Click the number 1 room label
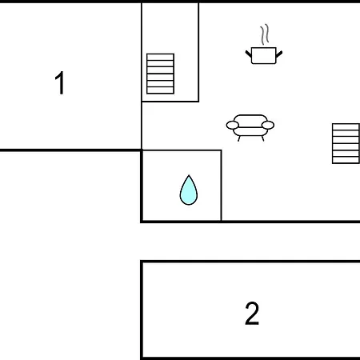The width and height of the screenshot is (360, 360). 60,82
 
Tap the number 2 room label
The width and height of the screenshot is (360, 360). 252,314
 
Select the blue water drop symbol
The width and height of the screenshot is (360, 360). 189,190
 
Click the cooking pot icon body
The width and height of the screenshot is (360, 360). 263,55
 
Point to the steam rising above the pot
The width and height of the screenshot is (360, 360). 265,34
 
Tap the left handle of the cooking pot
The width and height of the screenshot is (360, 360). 248,54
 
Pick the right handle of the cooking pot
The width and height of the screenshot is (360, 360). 279,54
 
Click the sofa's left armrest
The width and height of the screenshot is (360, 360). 232,125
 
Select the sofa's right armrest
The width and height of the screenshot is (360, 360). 268,125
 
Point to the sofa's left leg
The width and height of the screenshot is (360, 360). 239,138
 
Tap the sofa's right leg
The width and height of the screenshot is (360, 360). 262,138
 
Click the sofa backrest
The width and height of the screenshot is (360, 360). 250,119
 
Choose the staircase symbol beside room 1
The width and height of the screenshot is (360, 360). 160,74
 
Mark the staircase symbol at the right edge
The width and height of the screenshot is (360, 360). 346,143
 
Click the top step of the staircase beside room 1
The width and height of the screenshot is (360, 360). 160,57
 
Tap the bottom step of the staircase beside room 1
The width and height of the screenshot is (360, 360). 160,90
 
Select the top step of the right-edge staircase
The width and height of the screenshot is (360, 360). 346,127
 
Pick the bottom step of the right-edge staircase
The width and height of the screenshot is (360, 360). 346,160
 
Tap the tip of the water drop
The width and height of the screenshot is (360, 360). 189,175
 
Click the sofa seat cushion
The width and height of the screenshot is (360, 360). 250,132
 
